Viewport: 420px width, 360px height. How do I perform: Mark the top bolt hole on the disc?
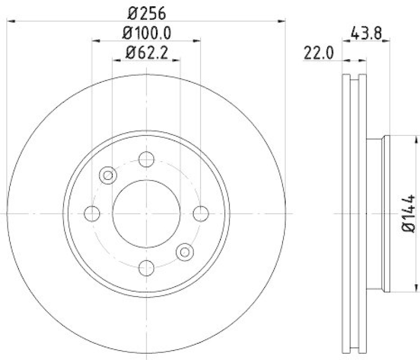[x=146, y=158]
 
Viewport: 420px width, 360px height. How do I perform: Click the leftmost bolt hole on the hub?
[x=92, y=214]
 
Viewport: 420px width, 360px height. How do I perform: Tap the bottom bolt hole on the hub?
[x=146, y=268]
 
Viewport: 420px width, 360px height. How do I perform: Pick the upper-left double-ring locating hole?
[x=108, y=175]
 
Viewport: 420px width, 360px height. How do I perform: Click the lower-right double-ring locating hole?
[x=184, y=252]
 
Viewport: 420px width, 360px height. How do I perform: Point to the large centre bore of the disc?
[x=146, y=214]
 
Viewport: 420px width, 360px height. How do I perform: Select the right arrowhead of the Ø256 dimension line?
[x=281, y=21]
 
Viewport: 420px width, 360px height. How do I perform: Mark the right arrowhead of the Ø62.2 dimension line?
[x=177, y=60]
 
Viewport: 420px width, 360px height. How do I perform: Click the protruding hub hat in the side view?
[x=376, y=214]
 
